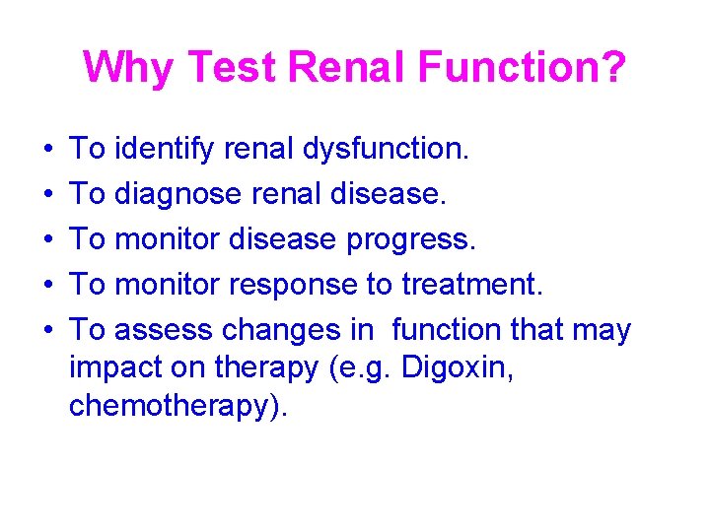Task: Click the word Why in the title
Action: (128, 68)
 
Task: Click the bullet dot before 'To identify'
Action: (49, 151)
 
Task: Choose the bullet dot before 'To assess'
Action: (49, 331)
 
